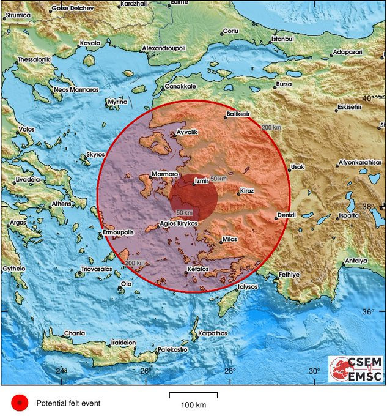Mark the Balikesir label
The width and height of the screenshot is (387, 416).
coord(240,114)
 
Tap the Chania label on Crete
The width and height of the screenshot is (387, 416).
coord(73,333)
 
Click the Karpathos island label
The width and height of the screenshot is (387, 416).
coord(212,333)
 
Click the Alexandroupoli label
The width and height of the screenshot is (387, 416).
coord(163,48)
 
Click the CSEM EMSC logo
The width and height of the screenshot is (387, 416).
coord(356,370)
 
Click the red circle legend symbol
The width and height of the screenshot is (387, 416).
coord(20,402)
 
